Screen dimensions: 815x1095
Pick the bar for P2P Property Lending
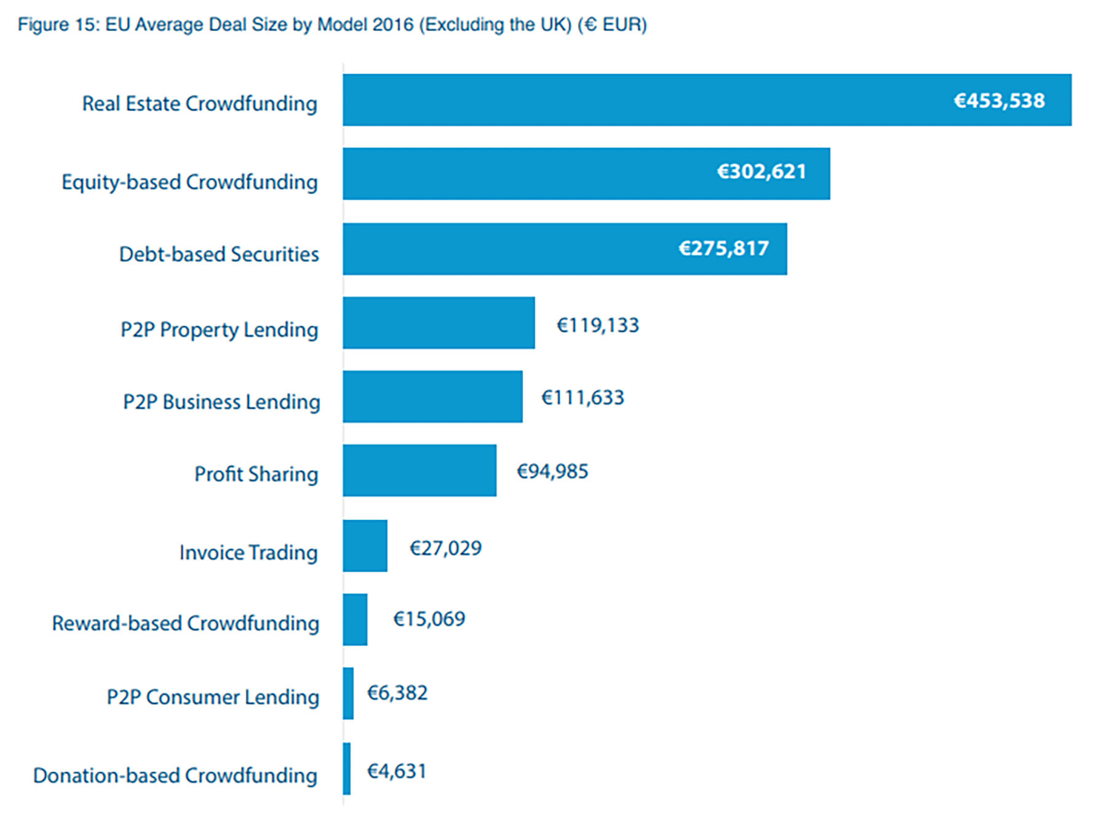pyautogui.click(x=439, y=323)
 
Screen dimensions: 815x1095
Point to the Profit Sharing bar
pyautogui.click(x=420, y=471)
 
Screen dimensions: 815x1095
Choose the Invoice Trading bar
pyautogui.click(x=365, y=546)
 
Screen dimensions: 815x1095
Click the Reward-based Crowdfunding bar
pyautogui.click(x=355, y=619)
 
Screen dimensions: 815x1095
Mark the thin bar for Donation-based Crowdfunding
pyautogui.click(x=347, y=768)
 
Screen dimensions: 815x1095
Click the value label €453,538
pyautogui.click(x=999, y=100)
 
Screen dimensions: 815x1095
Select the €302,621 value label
pyautogui.click(x=762, y=171)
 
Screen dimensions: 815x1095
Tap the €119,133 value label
pyautogui.click(x=598, y=325)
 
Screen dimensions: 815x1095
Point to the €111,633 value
pyautogui.click(x=583, y=397)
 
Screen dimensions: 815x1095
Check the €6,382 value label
pyautogui.click(x=397, y=693)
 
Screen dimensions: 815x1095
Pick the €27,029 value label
pyautogui.click(x=446, y=548)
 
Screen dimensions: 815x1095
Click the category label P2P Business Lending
pyautogui.click(x=221, y=402)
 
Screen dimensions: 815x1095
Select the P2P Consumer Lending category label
pyautogui.click(x=213, y=697)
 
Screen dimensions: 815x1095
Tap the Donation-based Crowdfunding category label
pyautogui.click(x=175, y=775)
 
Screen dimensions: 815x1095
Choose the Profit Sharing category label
pyautogui.click(x=256, y=474)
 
